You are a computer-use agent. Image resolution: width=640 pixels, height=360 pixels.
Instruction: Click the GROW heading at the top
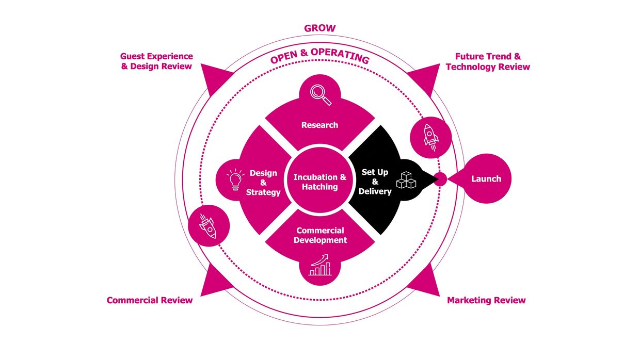click(x=319, y=28)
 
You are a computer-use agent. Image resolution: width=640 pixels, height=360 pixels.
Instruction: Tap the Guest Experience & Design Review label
click(x=156, y=61)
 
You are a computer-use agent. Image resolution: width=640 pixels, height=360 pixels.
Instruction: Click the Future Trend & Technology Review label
click(x=488, y=61)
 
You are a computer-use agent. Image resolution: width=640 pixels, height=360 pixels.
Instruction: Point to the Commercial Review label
click(x=150, y=300)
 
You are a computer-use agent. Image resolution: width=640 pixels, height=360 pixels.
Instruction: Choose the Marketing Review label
click(x=486, y=300)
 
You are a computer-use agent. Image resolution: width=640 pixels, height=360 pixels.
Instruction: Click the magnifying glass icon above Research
click(x=320, y=94)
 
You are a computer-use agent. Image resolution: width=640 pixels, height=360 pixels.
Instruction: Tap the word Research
click(x=319, y=125)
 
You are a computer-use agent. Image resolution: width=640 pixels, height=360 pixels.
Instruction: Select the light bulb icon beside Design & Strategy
click(x=235, y=180)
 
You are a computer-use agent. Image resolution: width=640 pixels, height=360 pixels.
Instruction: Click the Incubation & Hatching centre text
click(x=319, y=182)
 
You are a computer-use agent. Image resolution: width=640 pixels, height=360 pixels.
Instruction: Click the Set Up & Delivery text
click(x=375, y=182)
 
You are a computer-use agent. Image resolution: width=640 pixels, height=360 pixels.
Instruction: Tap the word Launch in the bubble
click(x=486, y=179)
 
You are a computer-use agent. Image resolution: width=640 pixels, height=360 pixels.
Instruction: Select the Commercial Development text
click(x=320, y=235)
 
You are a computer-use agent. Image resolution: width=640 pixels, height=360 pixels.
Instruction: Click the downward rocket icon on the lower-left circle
click(x=209, y=225)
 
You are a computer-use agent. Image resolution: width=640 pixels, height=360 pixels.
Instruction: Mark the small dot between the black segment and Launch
click(x=440, y=179)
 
